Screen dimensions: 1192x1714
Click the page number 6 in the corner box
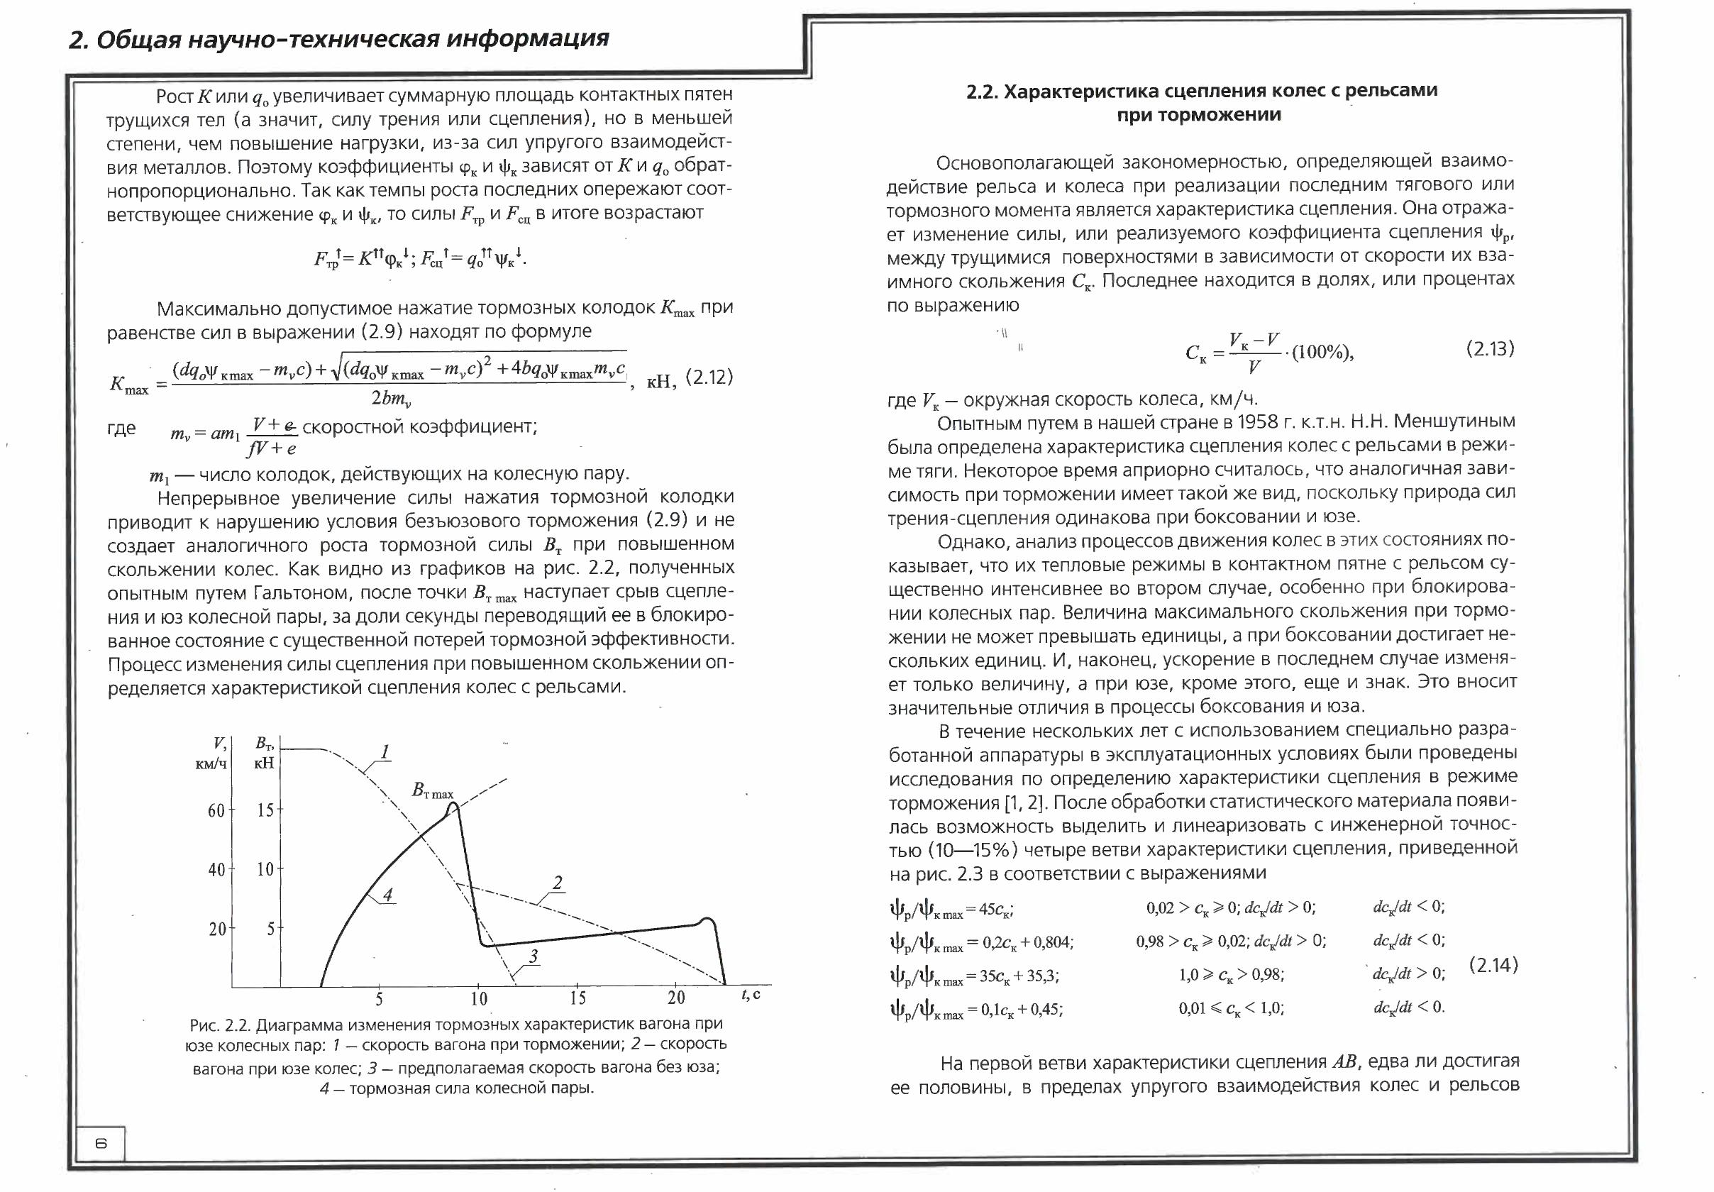[x=101, y=1143]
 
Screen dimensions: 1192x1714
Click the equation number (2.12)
[x=709, y=377]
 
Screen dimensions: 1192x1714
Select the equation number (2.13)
[x=1490, y=348]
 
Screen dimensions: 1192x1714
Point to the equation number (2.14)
[x=1494, y=965]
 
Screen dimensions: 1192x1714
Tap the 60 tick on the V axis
[x=216, y=810]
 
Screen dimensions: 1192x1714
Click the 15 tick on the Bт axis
[x=266, y=810]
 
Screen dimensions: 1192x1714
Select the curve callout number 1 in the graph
[x=385, y=751]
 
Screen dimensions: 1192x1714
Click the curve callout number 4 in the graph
[x=387, y=894]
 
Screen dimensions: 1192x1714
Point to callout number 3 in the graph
[x=533, y=956]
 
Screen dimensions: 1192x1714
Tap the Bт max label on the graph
[x=433, y=790]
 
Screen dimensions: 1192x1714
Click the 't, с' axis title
[x=751, y=995]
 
